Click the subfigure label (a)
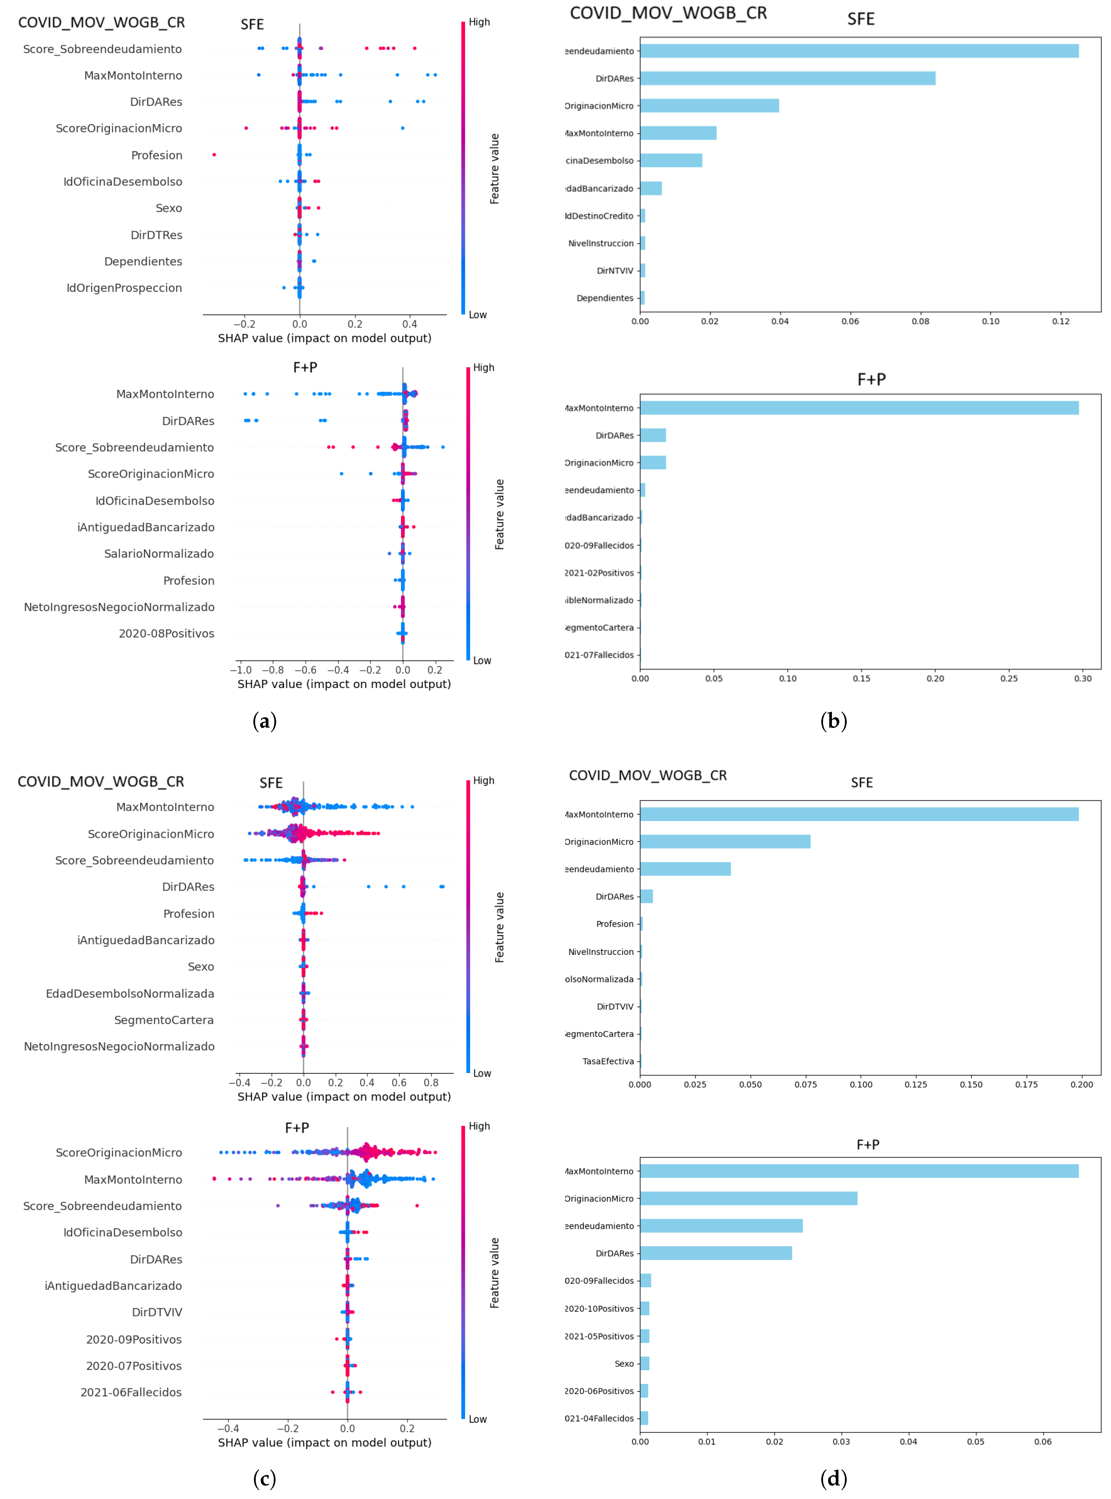[264, 721]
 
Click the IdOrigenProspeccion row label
[124, 288]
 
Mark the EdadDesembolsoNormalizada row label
[130, 994]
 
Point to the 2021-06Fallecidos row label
[131, 1392]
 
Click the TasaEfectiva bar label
[608, 1061]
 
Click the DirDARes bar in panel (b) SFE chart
[787, 79]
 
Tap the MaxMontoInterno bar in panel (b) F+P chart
[859, 408]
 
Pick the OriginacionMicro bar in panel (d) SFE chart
[725, 842]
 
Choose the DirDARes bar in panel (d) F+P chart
[715, 1253]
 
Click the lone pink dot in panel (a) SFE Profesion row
[214, 155]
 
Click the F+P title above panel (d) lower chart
[868, 1144]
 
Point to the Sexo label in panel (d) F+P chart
[624, 1363]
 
